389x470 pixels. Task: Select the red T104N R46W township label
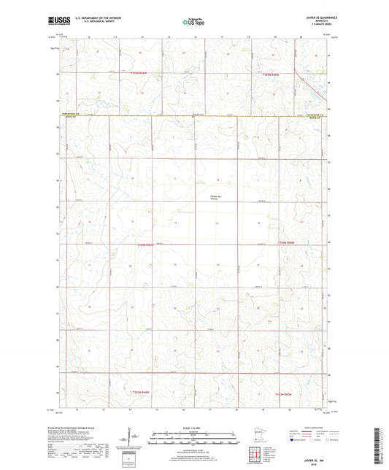146,244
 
